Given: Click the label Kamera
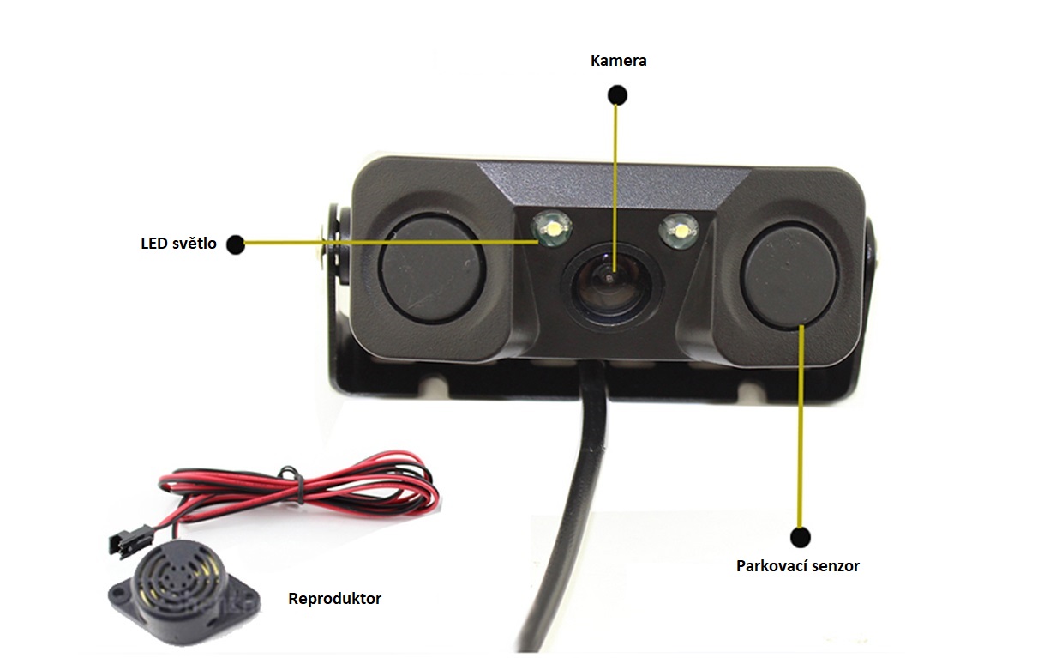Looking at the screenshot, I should pyautogui.click(x=618, y=61).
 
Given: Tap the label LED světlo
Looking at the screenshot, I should pyautogui.click(x=178, y=244).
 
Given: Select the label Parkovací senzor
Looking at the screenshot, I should pyautogui.click(x=797, y=566).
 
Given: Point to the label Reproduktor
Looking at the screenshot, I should pyautogui.click(x=334, y=598).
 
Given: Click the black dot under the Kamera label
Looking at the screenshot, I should pyautogui.click(x=616, y=94).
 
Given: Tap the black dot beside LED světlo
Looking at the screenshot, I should pyautogui.click(x=234, y=244).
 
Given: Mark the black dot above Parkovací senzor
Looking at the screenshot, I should pyautogui.click(x=800, y=538).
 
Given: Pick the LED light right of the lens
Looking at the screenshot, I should pyautogui.click(x=678, y=229).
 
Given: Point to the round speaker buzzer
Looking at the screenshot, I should pyautogui.click(x=176, y=583).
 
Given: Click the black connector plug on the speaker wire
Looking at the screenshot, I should pyautogui.click(x=125, y=541).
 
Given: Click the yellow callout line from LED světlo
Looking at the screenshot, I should pyautogui.click(x=386, y=244).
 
